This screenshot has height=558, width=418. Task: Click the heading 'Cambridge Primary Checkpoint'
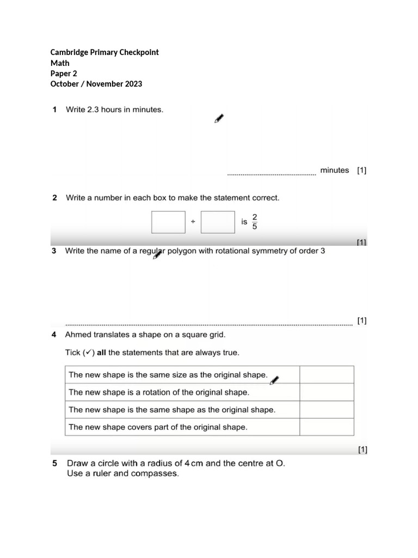pyautogui.click(x=104, y=52)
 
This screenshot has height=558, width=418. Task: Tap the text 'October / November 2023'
pyautogui.click(x=96, y=84)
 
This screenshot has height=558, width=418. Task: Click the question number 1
pyautogui.click(x=54, y=110)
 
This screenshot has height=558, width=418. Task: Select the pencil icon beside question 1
pyautogui.click(x=219, y=119)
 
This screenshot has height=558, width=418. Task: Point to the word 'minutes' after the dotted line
pyautogui.click(x=334, y=171)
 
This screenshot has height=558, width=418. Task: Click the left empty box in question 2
pyautogui.click(x=168, y=222)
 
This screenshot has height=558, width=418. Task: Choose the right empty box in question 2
pyautogui.click(x=218, y=222)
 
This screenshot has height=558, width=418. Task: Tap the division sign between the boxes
pyautogui.click(x=193, y=222)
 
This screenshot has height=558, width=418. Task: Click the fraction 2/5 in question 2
pyautogui.click(x=255, y=222)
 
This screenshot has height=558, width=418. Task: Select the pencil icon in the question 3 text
pyautogui.click(x=158, y=254)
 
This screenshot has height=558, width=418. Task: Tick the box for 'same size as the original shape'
pyautogui.click(x=327, y=375)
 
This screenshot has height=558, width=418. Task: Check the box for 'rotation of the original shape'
pyautogui.click(x=327, y=392)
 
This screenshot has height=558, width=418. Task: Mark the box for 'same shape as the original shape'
pyautogui.click(x=327, y=410)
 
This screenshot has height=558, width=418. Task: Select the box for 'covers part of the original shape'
pyautogui.click(x=327, y=427)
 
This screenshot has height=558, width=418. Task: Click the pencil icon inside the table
pyautogui.click(x=275, y=380)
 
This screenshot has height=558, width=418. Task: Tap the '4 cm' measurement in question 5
pyautogui.click(x=194, y=464)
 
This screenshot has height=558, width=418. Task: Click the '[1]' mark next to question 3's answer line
pyautogui.click(x=362, y=320)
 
